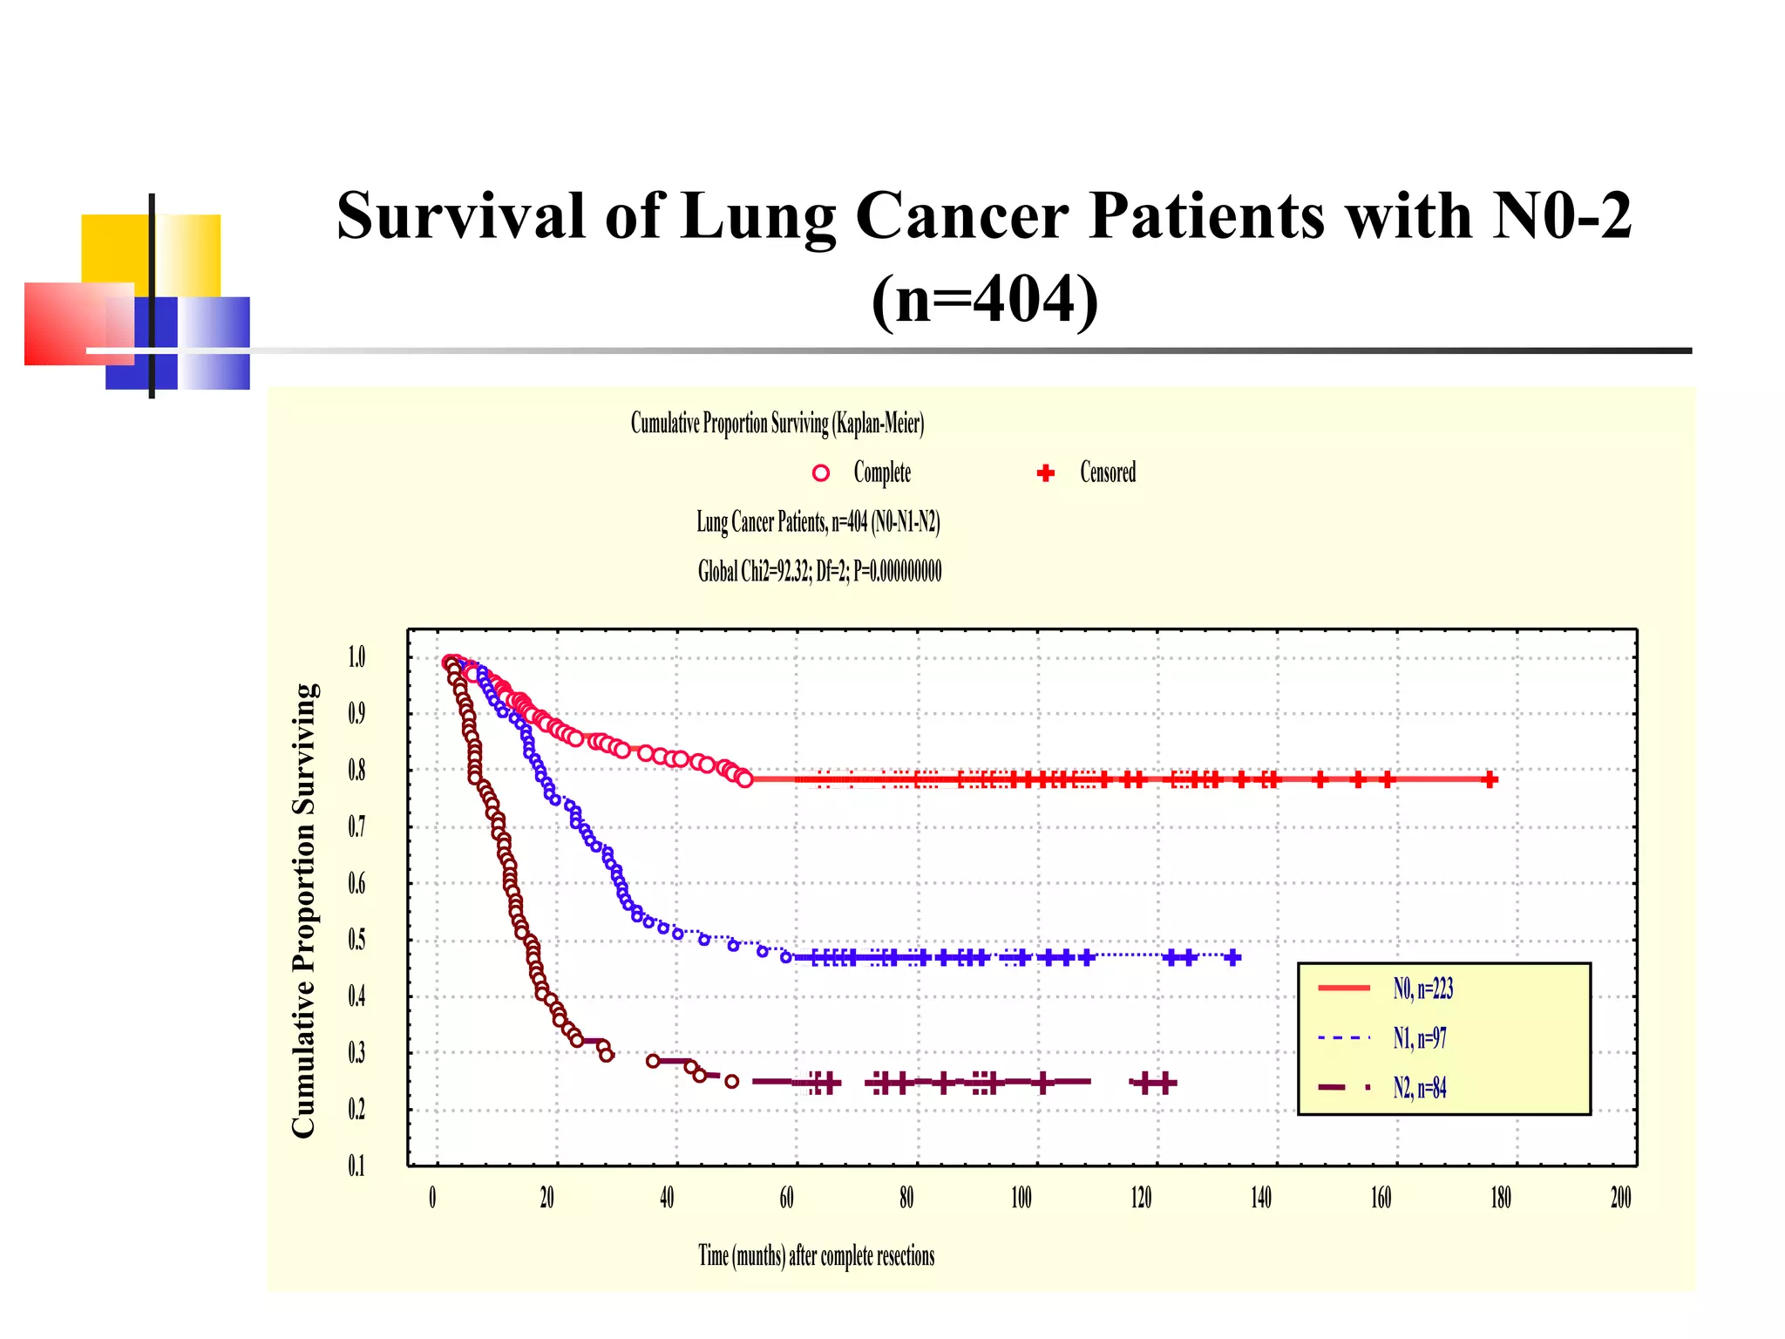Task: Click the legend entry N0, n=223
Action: (x=1422, y=989)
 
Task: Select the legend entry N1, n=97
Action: (x=1419, y=1038)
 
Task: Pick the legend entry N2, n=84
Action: (x=1419, y=1088)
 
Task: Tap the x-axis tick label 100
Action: (x=1021, y=1198)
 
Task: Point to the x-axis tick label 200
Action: (x=1620, y=1198)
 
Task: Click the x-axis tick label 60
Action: (x=786, y=1198)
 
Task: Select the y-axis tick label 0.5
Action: (x=356, y=940)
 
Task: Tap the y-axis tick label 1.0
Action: (x=356, y=657)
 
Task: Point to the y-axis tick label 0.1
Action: (x=356, y=1166)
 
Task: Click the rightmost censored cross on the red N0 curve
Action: (x=1490, y=779)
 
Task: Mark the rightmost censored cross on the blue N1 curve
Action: (x=1232, y=957)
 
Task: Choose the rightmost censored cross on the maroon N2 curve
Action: (x=1165, y=1083)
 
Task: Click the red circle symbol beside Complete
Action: (x=820, y=473)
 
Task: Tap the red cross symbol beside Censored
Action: (x=1046, y=473)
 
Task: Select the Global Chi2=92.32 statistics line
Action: (x=819, y=572)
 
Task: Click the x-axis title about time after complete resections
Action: (x=816, y=1256)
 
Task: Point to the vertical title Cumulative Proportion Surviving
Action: (x=303, y=910)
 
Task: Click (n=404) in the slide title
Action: (x=985, y=299)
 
